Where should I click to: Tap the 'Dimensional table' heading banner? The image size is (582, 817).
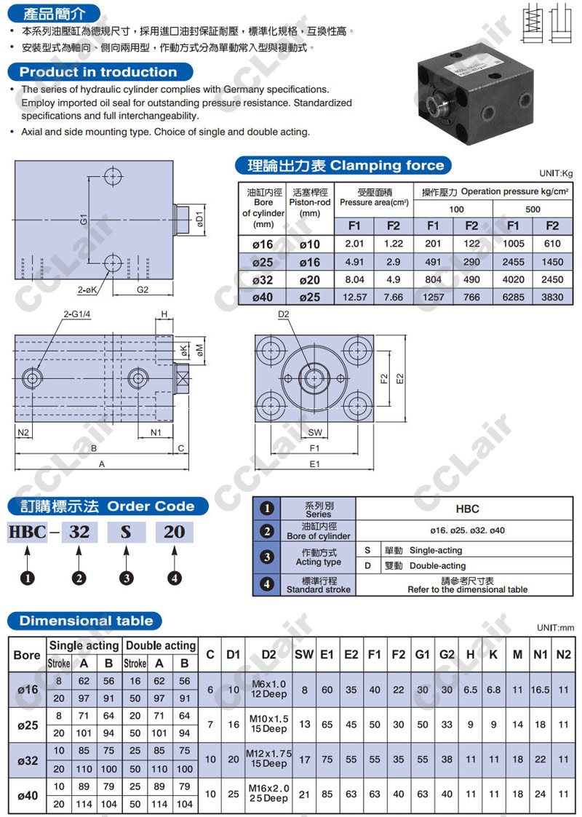85,621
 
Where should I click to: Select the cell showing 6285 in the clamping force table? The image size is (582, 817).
513,297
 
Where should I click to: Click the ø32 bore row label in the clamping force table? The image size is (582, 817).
263,280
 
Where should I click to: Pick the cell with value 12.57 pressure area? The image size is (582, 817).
355,297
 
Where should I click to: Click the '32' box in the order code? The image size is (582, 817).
79,532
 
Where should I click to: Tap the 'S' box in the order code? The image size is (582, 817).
126,532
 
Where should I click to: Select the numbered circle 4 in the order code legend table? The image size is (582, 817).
267,584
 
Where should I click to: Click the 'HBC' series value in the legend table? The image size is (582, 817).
467,509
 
